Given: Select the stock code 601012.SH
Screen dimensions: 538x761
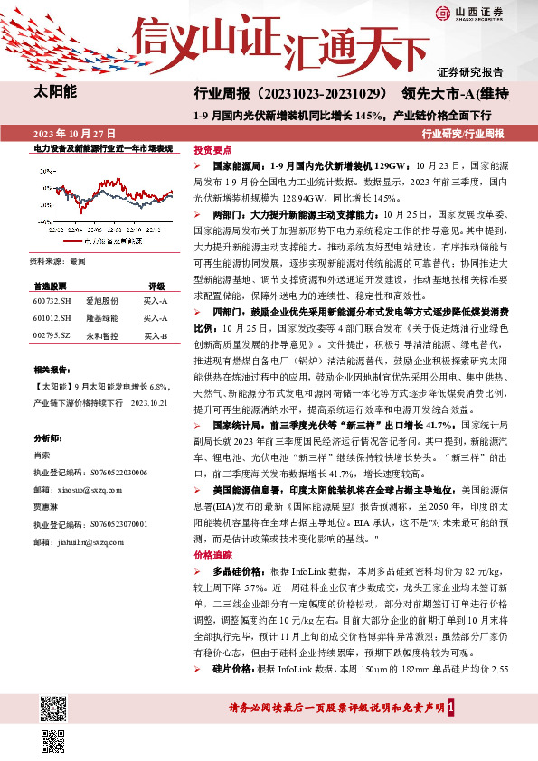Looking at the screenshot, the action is pos(51,318).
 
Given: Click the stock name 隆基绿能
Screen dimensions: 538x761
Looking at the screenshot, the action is pos(101,318).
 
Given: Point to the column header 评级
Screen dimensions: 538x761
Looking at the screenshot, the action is pos(156,285).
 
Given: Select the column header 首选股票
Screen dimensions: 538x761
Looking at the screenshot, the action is pos(51,285).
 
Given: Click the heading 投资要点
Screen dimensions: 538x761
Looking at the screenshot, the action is pos(213,150).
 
